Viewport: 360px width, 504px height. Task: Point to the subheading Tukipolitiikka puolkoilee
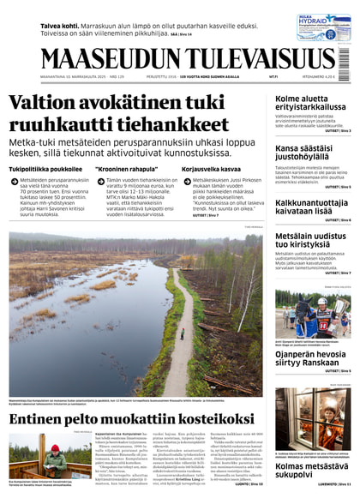point(45,169)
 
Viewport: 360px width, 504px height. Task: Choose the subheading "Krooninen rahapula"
point(125,169)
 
